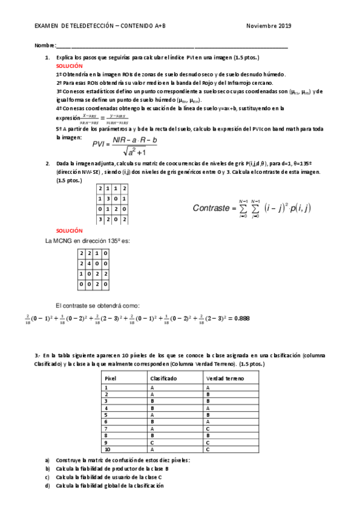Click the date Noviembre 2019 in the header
click(x=269, y=26)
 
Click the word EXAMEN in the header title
click(x=47, y=26)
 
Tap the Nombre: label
click(x=44, y=46)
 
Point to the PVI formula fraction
click(x=126, y=143)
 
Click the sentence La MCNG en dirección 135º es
click(x=88, y=241)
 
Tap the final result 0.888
click(x=241, y=318)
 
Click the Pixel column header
click(x=111, y=379)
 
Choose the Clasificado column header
click(x=164, y=379)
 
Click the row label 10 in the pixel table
click(x=108, y=449)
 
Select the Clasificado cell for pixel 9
click(x=153, y=442)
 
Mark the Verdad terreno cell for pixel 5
click(x=207, y=414)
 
